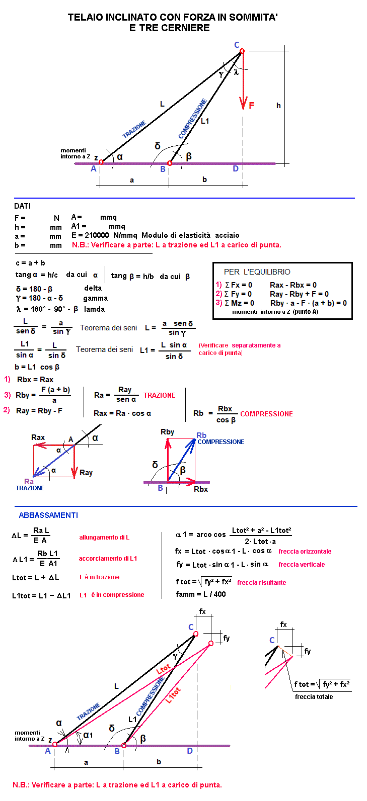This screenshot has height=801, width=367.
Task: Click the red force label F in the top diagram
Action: coord(252,106)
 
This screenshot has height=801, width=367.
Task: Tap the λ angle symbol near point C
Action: coord(236,72)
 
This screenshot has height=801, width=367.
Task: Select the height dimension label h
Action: coord(278,106)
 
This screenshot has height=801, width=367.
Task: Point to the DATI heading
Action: coord(23,206)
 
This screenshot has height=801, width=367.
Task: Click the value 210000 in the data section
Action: coord(96,235)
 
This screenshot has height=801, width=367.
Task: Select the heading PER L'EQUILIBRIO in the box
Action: coord(257,272)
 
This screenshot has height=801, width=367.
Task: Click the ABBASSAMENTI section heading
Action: coord(48,515)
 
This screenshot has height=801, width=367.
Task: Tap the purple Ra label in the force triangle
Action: coord(29,481)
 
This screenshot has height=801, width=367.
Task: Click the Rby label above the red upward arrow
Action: coord(168,432)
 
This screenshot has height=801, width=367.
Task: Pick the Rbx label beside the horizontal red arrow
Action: coord(201,489)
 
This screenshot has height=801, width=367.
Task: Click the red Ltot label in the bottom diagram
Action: coord(164,669)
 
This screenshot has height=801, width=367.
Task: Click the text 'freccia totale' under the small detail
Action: coord(314,696)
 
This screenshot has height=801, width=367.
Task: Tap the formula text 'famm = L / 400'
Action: coord(201,594)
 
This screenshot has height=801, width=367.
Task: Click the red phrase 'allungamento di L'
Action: coord(104,538)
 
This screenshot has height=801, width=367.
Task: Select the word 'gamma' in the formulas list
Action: coord(96,298)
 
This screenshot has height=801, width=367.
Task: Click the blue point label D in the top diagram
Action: coord(235,169)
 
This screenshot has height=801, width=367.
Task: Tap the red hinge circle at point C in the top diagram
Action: coord(242,51)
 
